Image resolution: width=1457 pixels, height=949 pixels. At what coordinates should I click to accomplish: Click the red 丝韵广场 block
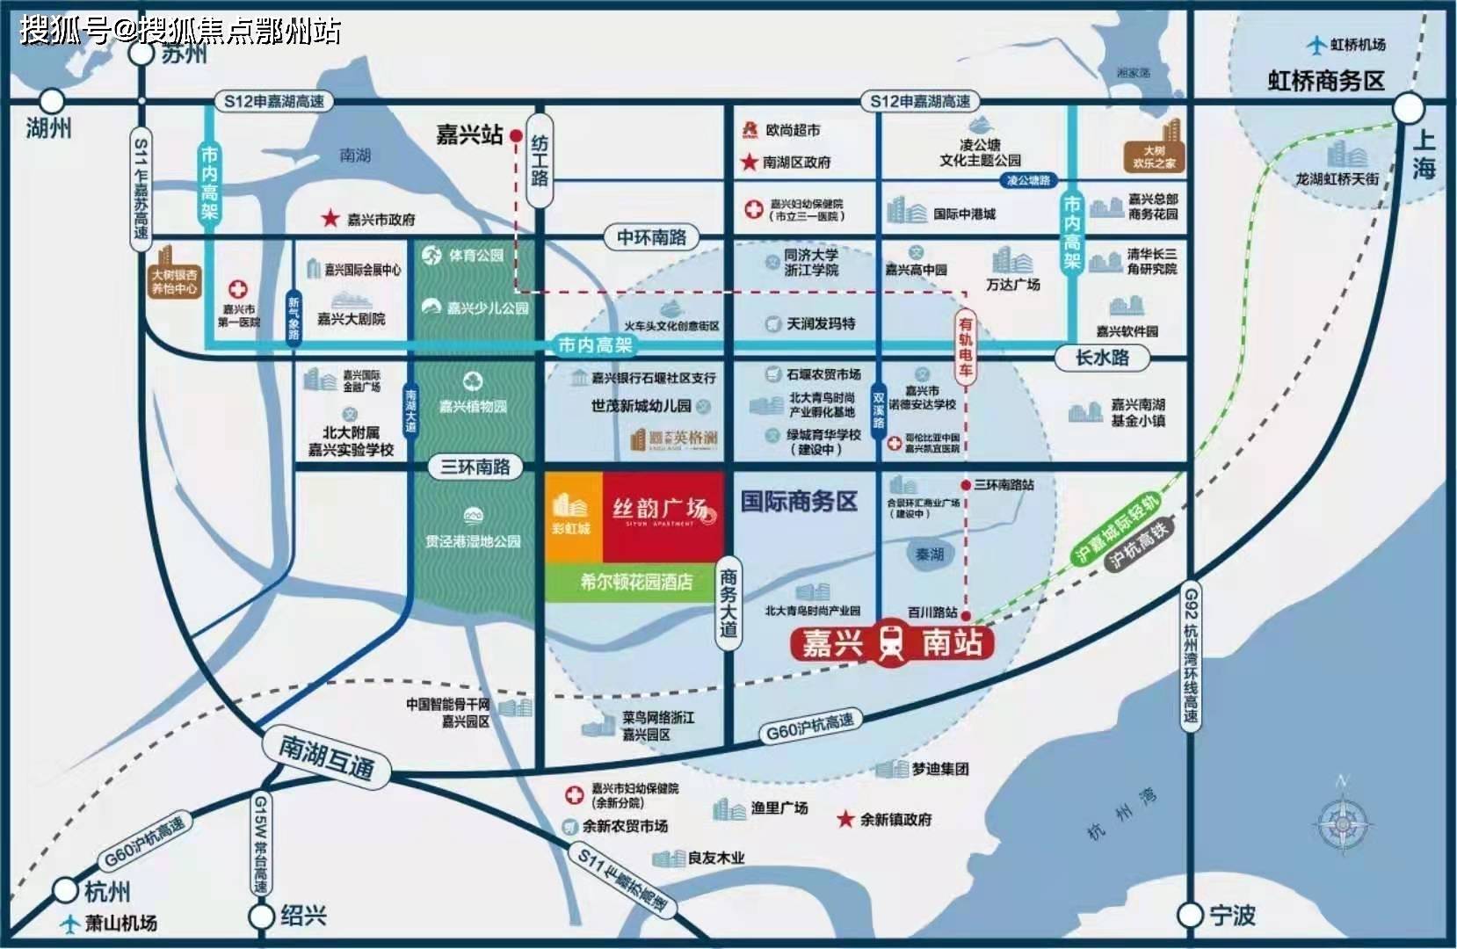tap(663, 517)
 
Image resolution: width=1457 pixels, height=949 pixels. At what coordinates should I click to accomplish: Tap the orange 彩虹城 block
tap(573, 517)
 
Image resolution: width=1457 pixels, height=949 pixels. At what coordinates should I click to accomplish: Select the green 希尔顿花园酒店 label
tap(635, 582)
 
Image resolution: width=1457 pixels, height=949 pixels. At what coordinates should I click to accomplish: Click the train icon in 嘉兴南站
tap(891, 643)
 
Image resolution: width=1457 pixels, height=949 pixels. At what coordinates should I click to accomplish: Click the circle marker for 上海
tap(1408, 109)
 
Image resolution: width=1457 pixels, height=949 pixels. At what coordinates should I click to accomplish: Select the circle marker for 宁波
tap(1190, 915)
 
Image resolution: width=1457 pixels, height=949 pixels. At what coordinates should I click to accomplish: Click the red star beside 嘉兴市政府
tap(330, 218)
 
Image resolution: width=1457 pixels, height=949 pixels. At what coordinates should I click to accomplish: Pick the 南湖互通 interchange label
tap(327, 757)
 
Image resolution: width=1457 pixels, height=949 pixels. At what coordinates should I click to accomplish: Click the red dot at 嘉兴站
tap(516, 136)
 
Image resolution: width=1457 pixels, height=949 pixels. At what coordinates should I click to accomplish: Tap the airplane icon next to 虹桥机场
tap(1316, 44)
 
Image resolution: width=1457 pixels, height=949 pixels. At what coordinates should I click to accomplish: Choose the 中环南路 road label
tap(651, 237)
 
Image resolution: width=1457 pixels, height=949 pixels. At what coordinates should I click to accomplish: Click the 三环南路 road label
tap(475, 467)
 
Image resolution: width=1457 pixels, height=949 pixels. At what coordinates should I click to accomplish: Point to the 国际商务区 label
tap(799, 502)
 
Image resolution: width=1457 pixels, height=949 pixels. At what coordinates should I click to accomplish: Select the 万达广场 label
tap(1013, 284)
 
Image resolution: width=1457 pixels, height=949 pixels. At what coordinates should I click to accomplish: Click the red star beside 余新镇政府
tap(844, 819)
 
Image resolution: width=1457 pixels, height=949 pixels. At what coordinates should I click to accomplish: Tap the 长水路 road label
tap(1102, 358)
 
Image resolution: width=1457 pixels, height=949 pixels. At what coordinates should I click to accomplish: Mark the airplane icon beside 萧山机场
tap(69, 924)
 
